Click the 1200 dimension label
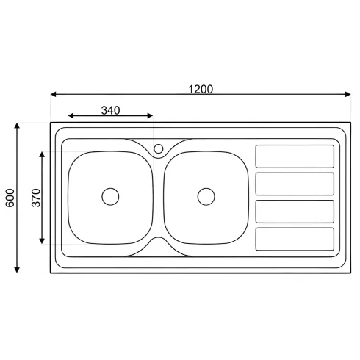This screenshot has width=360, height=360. click(201, 90)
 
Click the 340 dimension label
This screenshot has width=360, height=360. click(110, 110)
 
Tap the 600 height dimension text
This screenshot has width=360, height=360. click(10, 198)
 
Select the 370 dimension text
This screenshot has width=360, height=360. click(36, 198)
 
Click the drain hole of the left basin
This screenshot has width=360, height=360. click(110, 197)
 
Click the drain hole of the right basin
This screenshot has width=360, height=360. click(206, 197)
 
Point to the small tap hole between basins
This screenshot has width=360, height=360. click(159, 148)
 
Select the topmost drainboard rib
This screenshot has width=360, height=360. click(295, 156)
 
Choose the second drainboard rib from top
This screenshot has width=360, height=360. click(295, 184)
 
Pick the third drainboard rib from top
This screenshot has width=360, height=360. click(295, 212)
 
